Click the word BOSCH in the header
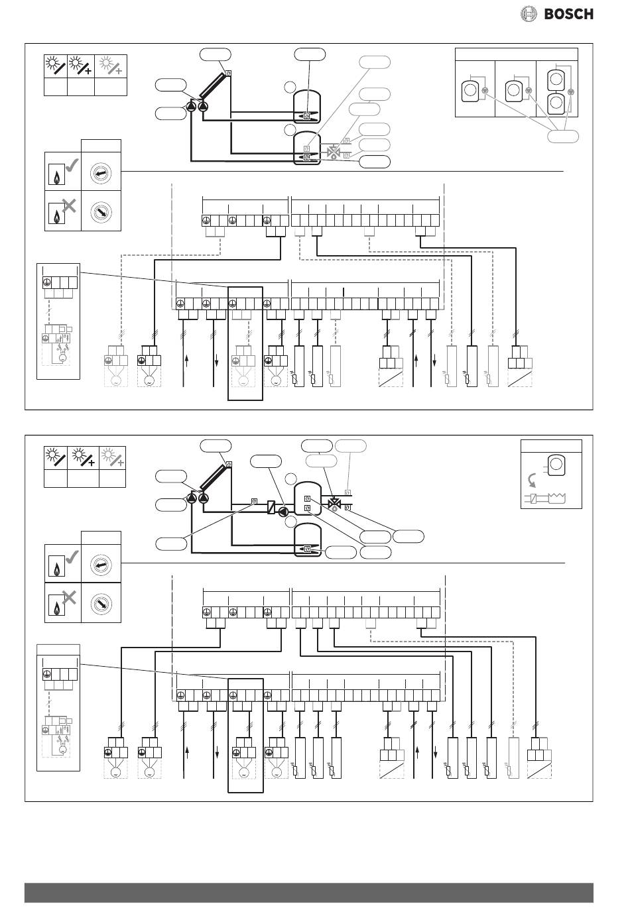pos(569,13)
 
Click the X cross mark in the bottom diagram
pos(68,598)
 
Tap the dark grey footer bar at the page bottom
pos(308,892)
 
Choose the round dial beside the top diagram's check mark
pos(101,174)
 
